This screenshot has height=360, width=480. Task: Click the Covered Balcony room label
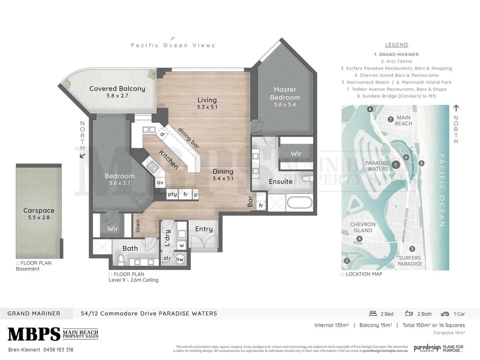click(x=117, y=89)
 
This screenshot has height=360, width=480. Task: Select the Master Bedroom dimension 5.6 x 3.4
click(x=285, y=105)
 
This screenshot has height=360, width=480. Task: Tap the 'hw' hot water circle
click(x=180, y=259)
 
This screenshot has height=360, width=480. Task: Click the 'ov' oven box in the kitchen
click(x=160, y=183)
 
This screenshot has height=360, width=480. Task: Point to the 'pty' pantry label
click(x=172, y=194)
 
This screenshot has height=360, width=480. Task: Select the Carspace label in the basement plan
click(x=39, y=210)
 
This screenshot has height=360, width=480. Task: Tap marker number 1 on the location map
click(x=396, y=165)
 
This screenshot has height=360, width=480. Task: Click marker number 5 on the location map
click(x=422, y=163)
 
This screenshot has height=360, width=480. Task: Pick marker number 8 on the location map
click(x=370, y=109)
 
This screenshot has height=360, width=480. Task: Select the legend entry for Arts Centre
click(x=396, y=61)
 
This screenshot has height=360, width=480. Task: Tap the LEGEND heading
click(x=396, y=45)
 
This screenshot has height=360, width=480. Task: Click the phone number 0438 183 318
click(x=58, y=350)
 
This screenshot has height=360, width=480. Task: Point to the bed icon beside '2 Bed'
click(x=373, y=314)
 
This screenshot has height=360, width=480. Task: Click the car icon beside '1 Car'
click(x=445, y=314)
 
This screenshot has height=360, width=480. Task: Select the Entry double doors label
click(x=204, y=229)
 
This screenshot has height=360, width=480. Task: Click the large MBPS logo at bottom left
click(x=34, y=334)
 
